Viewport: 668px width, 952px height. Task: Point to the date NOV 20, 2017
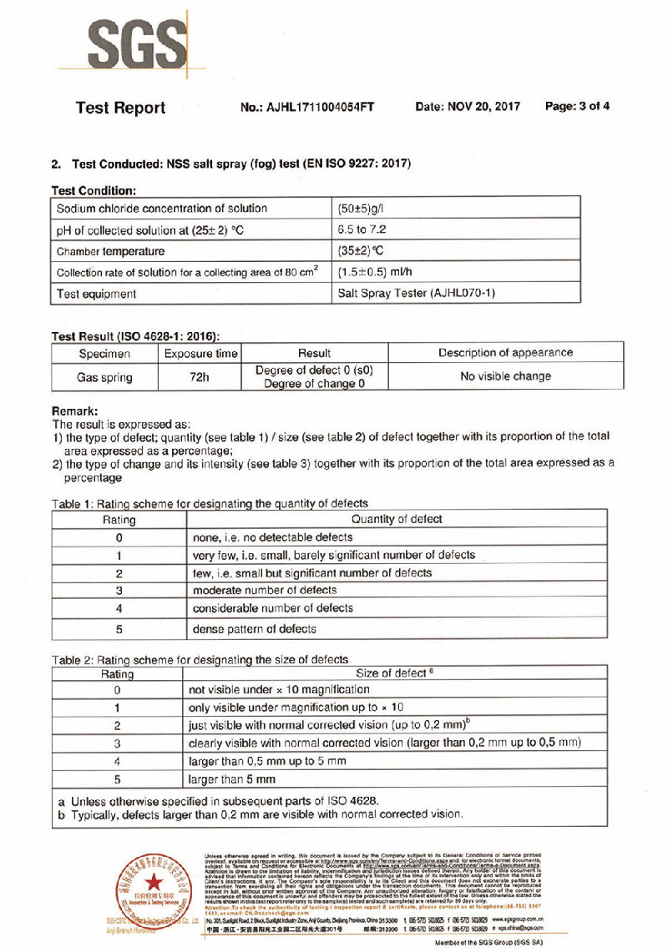468,107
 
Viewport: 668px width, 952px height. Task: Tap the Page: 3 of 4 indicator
577,106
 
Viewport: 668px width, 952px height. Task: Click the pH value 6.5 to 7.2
362,229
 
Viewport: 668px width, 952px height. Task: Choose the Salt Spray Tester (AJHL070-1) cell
417,294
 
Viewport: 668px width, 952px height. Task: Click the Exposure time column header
201,353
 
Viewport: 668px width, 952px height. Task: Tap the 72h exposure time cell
200,377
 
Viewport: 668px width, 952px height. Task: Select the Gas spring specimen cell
104,377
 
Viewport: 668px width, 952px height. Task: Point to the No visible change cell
506,376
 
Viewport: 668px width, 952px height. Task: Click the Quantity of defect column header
397,519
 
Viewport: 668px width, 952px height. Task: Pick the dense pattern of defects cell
255,629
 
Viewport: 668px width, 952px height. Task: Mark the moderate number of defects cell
265,591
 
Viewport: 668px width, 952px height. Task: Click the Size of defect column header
393,673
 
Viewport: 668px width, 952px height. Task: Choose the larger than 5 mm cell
232,779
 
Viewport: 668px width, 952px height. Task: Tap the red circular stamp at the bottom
151,887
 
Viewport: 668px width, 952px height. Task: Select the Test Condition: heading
94,191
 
